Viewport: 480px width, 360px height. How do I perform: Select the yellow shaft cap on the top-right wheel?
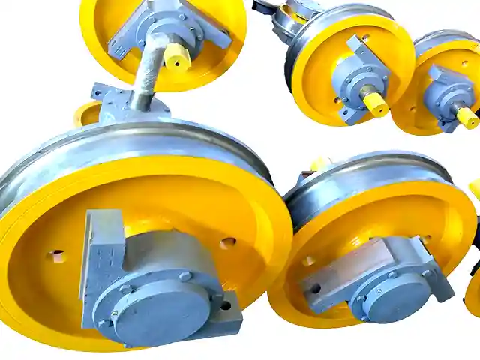click(x=466, y=117)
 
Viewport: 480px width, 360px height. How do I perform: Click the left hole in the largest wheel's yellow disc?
click(x=56, y=256)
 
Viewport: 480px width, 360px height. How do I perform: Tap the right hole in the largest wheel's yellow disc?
click(x=227, y=243)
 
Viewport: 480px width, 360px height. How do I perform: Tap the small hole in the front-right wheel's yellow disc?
click(x=308, y=261)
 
